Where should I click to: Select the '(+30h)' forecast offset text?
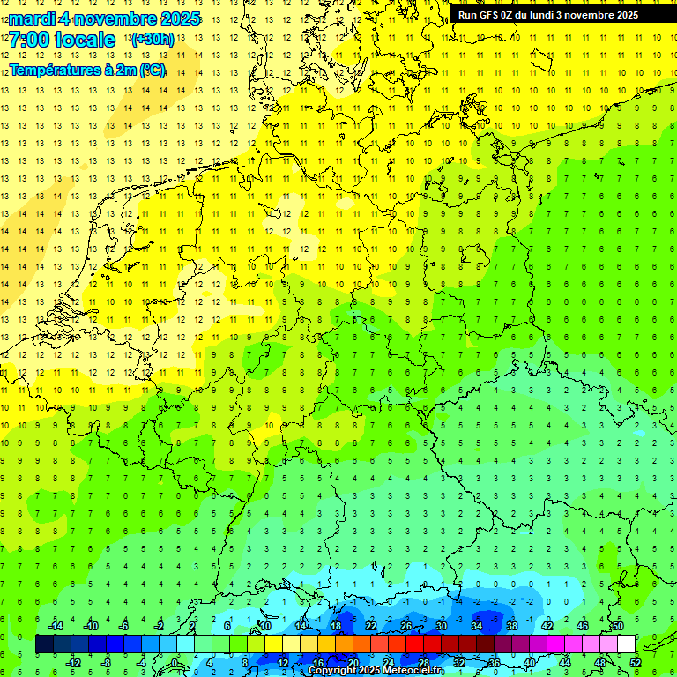pos(153,40)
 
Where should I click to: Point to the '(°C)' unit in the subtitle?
pos(152,70)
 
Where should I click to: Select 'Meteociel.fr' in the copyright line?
pos(413,671)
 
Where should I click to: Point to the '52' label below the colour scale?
pos(635,663)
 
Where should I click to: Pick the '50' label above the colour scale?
pos(617,626)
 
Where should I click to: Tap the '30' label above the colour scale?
pos(441,626)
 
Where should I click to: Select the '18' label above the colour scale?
pos(335,626)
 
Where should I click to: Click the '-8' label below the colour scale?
pos(107,663)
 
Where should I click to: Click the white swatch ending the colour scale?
pos(626,644)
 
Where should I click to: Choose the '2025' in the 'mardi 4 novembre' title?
pos(180,19)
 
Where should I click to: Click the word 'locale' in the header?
pos(85,40)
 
